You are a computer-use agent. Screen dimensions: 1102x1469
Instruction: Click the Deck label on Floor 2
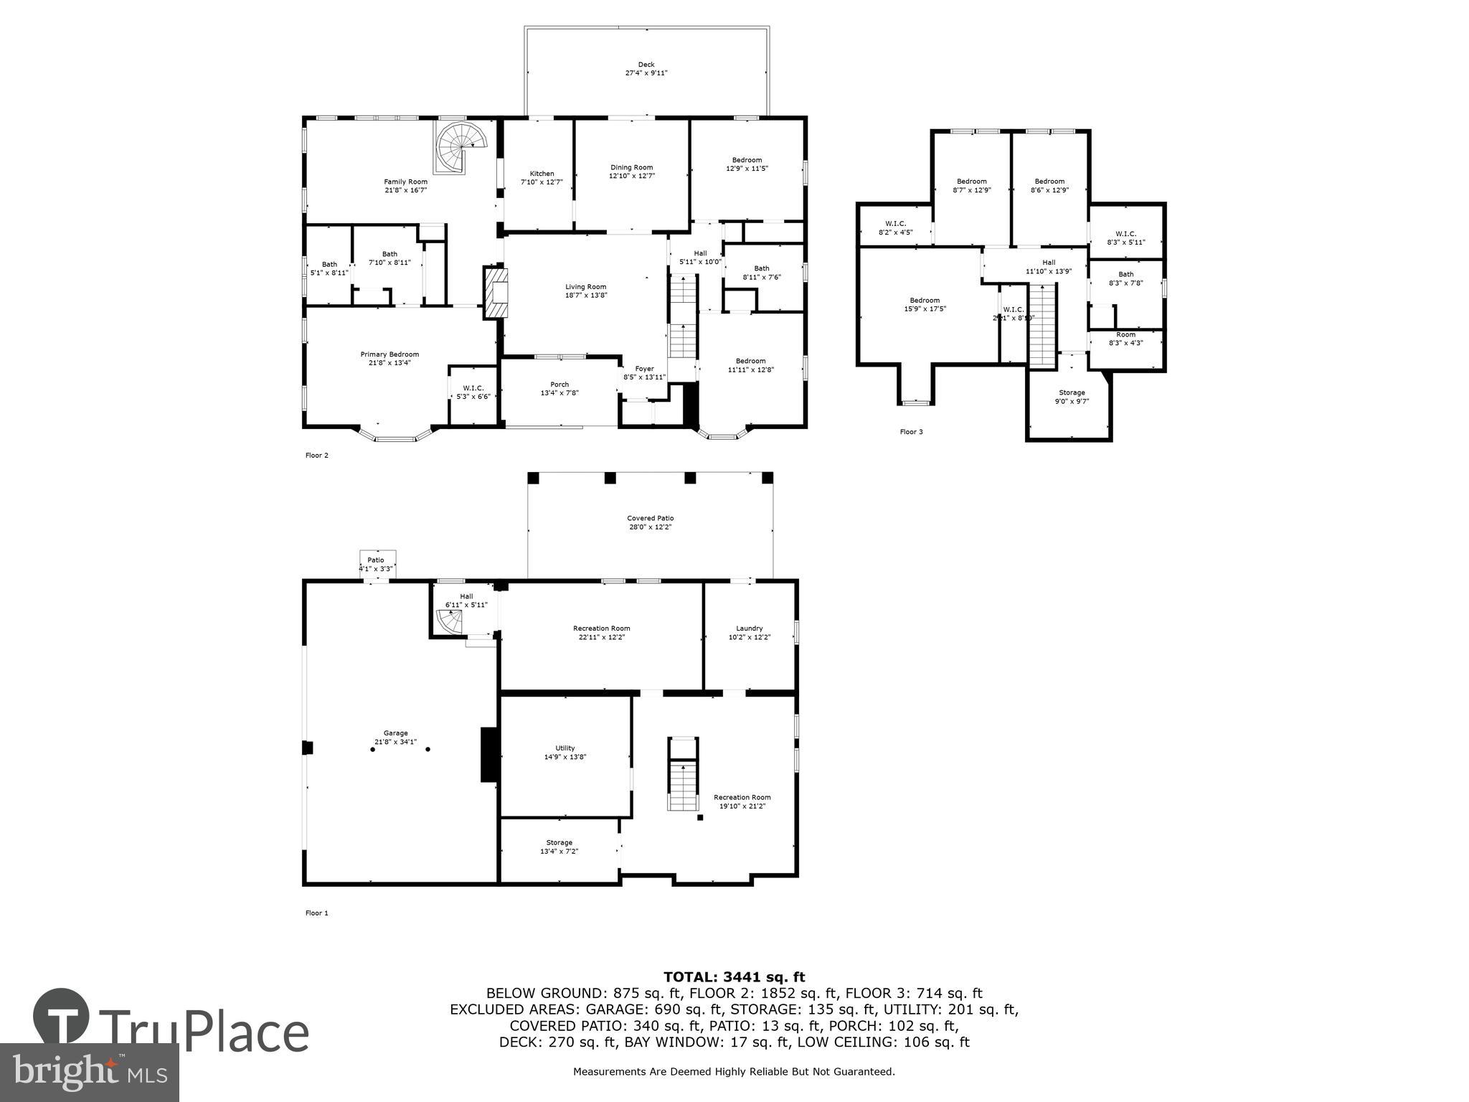click(646, 65)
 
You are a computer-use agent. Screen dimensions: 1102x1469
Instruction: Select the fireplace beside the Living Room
click(495, 292)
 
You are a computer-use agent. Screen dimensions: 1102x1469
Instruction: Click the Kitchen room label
click(542, 174)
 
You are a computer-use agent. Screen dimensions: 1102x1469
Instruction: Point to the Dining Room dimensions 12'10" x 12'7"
click(632, 176)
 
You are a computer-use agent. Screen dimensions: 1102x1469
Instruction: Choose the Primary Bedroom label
click(389, 354)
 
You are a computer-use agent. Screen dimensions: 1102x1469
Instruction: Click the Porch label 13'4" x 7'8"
click(559, 389)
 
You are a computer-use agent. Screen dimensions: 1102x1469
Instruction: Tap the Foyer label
click(644, 369)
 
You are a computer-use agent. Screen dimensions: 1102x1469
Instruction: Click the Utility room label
click(565, 748)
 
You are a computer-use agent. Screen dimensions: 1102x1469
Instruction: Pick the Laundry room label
click(750, 628)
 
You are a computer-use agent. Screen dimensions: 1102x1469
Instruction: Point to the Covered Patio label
click(650, 518)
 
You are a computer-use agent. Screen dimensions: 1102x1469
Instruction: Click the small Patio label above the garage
click(376, 560)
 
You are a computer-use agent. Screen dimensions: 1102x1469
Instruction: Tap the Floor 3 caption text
click(911, 432)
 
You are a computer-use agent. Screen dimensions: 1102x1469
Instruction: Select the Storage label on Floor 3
click(1072, 392)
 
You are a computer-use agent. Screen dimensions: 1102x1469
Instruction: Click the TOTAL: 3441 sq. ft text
click(734, 977)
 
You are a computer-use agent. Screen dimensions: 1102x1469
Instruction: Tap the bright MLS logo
click(90, 1072)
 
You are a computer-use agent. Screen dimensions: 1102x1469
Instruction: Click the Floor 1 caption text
click(316, 913)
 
